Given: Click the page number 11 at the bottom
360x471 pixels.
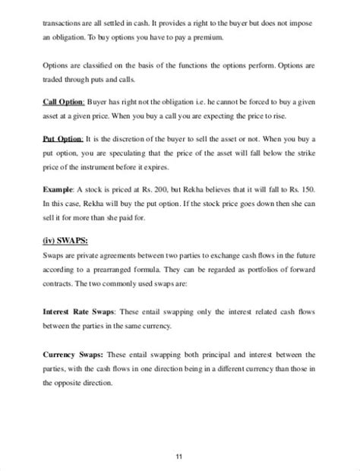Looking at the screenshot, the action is click(180, 435).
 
